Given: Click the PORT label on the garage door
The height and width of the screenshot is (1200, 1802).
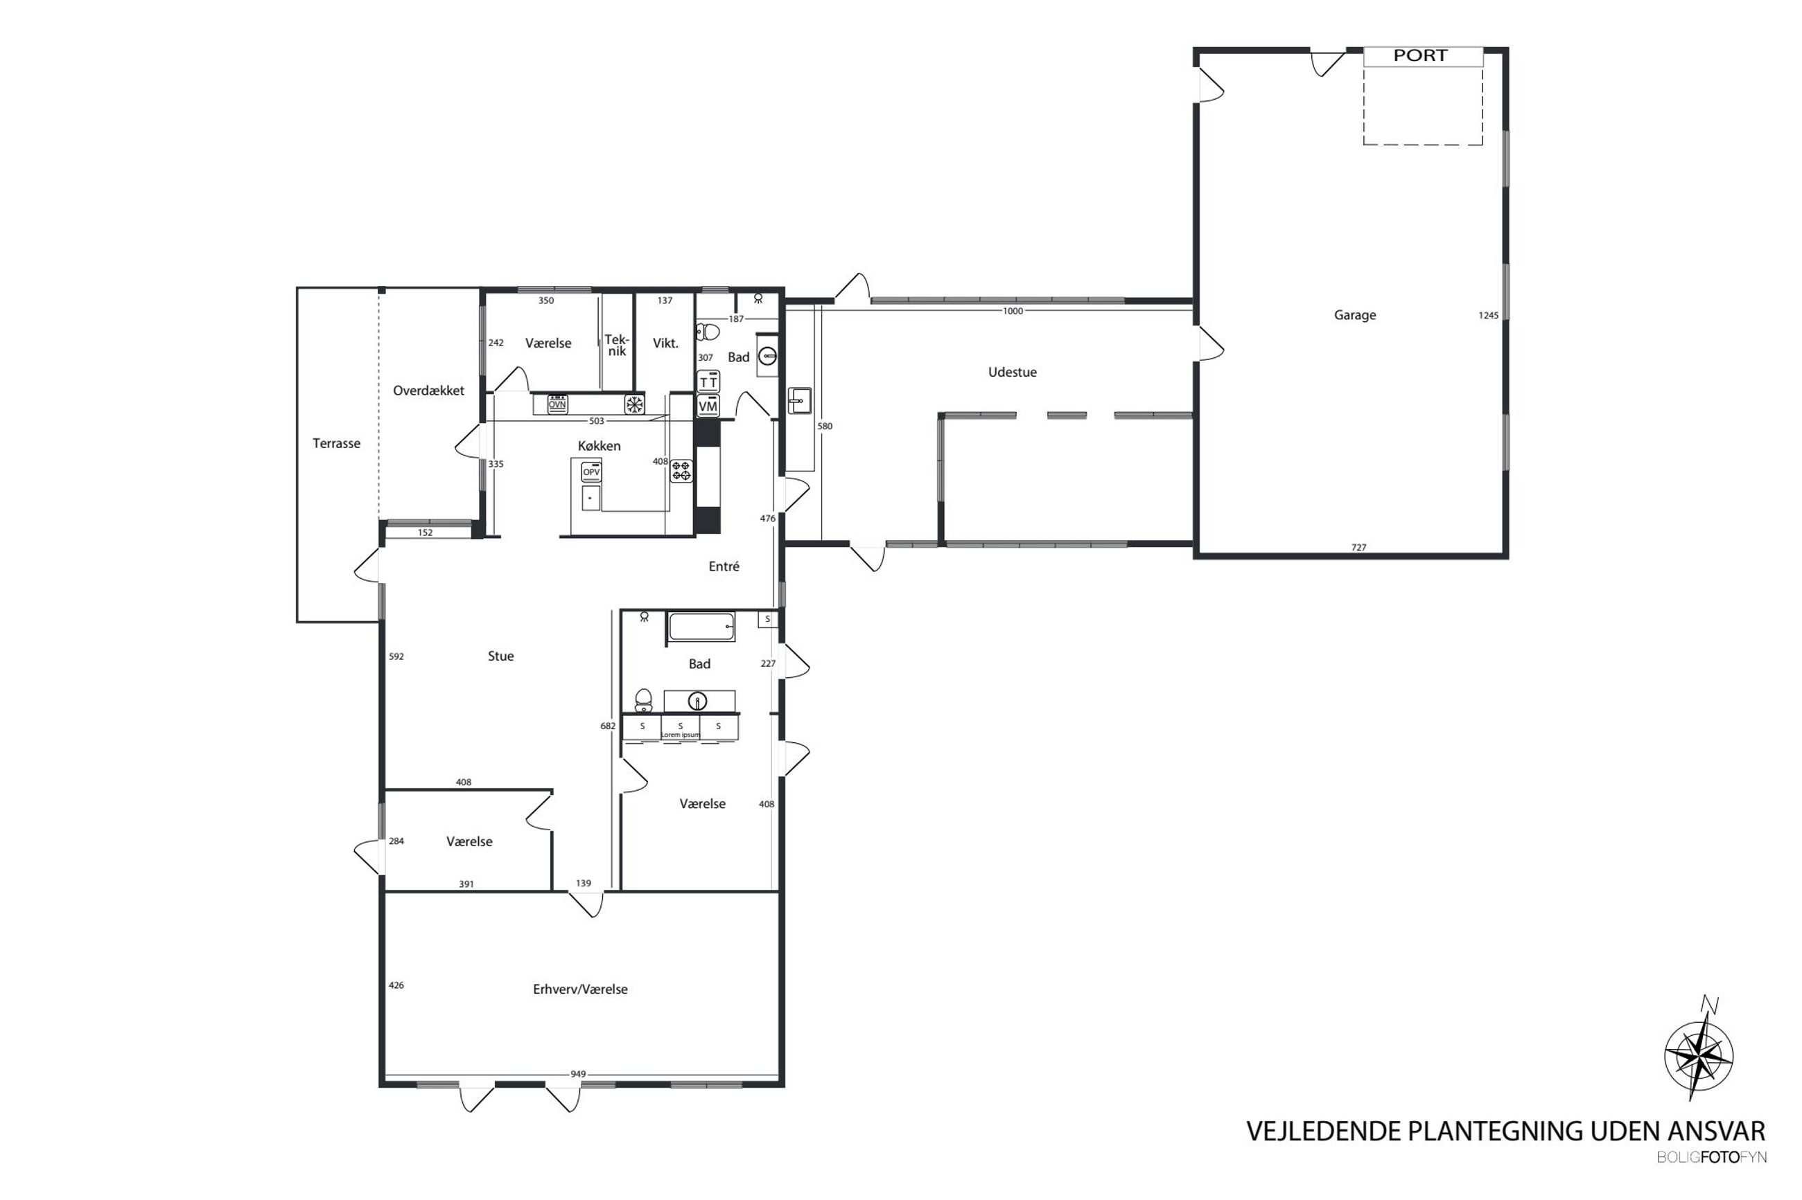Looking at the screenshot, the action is coord(1420,55).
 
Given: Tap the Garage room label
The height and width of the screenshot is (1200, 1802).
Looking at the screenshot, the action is coord(1355,314).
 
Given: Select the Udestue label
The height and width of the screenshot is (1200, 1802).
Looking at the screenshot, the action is coord(1012,372).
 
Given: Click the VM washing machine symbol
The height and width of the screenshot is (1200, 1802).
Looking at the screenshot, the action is coord(708,406).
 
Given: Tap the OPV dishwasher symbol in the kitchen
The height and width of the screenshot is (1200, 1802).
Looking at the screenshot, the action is coord(591,472).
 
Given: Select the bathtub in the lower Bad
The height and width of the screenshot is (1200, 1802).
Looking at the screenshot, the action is coord(701,627).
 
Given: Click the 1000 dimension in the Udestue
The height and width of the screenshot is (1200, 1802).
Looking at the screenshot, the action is coord(1013,311).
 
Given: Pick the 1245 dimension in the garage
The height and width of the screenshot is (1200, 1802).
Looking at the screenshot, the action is coord(1488,315).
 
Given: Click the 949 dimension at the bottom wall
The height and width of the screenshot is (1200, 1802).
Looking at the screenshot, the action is coord(578,1074).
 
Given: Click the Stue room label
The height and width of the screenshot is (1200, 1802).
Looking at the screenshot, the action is coord(501,656).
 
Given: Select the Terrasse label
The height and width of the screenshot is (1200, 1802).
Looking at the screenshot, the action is coord(336,443).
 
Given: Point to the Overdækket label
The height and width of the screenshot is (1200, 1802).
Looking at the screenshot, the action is coord(428,391).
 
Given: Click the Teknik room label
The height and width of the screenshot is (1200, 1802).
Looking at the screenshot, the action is coord(617,344).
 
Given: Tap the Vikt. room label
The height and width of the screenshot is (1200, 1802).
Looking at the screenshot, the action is coord(665,343).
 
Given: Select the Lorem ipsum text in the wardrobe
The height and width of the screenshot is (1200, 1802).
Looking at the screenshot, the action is coord(680,735).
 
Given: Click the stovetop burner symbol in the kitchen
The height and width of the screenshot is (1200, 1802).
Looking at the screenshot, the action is coord(681,471).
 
